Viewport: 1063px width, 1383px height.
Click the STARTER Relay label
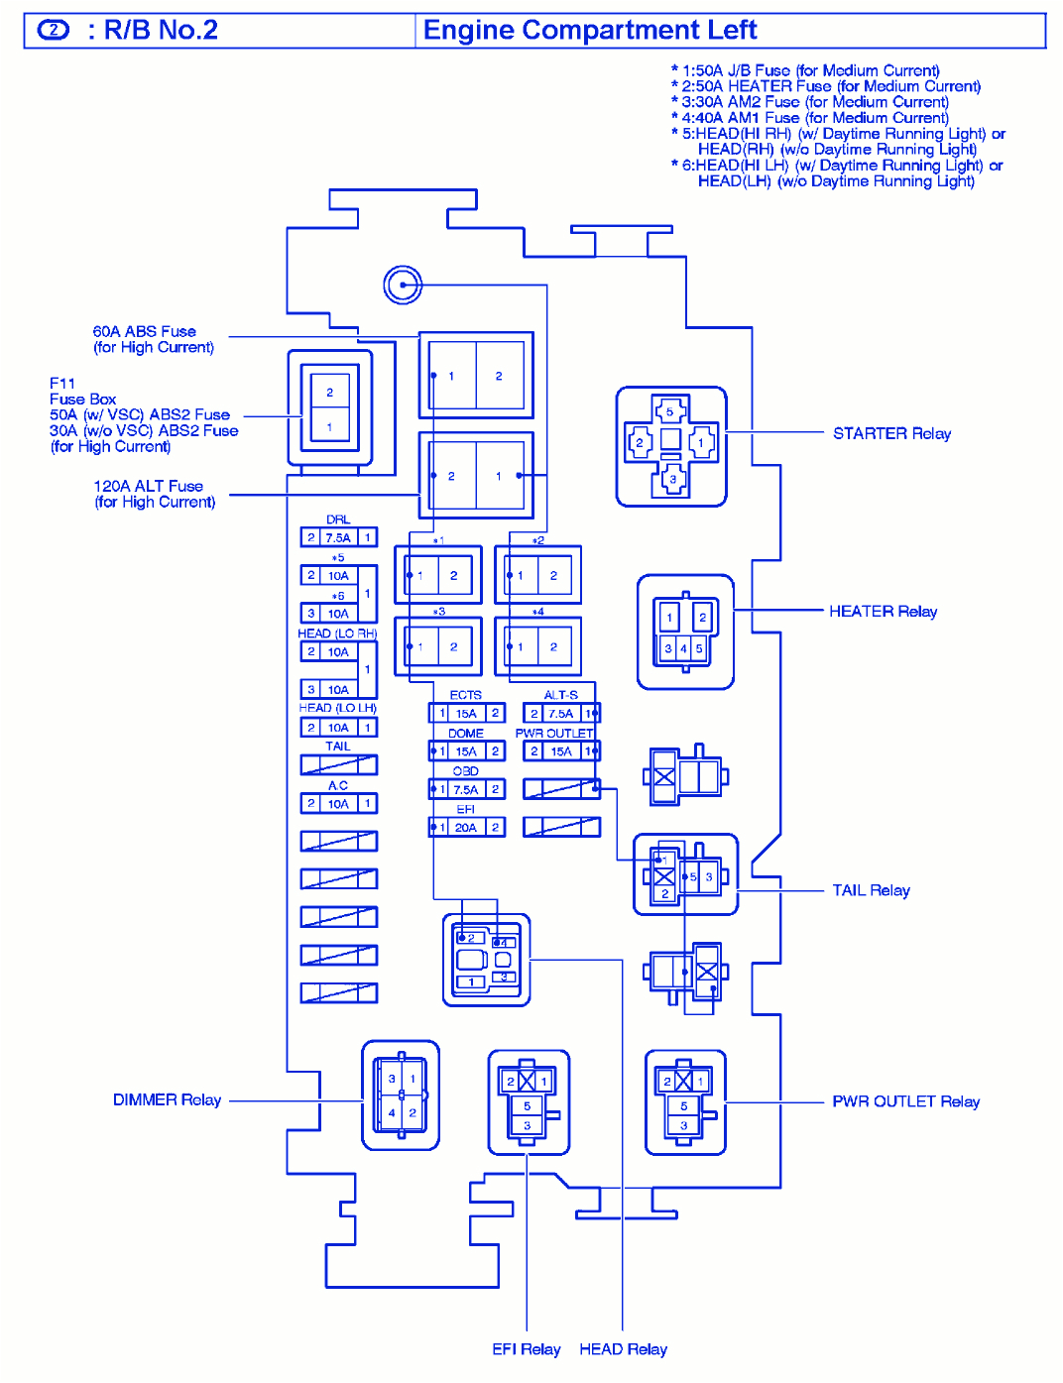pos(890,433)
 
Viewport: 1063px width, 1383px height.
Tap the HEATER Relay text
pos(883,612)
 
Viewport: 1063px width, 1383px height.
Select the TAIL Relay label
pos(871,890)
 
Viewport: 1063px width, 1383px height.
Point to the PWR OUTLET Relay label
pos(905,1101)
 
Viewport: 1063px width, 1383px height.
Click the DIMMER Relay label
pos(167,1099)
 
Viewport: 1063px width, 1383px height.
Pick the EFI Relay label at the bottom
pos(526,1349)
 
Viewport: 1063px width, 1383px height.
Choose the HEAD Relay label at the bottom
pos(623,1349)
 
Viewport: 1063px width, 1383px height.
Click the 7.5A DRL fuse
pos(338,537)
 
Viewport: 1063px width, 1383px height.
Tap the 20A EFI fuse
pos(466,827)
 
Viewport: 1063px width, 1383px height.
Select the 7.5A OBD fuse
pos(466,789)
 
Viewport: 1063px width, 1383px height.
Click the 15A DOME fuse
pos(466,751)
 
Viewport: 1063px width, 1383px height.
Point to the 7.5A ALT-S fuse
pos(561,713)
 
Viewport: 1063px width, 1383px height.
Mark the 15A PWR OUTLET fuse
pos(561,751)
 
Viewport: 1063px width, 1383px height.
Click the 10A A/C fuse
pos(338,804)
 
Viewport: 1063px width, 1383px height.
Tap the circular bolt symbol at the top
pos(403,286)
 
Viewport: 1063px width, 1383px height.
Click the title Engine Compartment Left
pos(590,31)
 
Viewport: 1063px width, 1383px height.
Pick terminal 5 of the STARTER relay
pos(670,410)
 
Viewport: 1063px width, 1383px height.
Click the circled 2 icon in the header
pos(54,31)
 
